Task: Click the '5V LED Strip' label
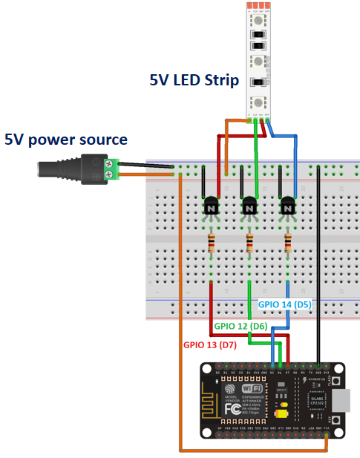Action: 194,80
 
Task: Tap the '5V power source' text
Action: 66,139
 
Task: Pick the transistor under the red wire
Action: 212,209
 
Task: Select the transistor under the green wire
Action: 249,209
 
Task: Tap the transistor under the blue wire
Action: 287,209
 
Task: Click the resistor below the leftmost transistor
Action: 212,243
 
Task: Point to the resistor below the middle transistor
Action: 249,243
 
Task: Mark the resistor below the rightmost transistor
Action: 287,243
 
